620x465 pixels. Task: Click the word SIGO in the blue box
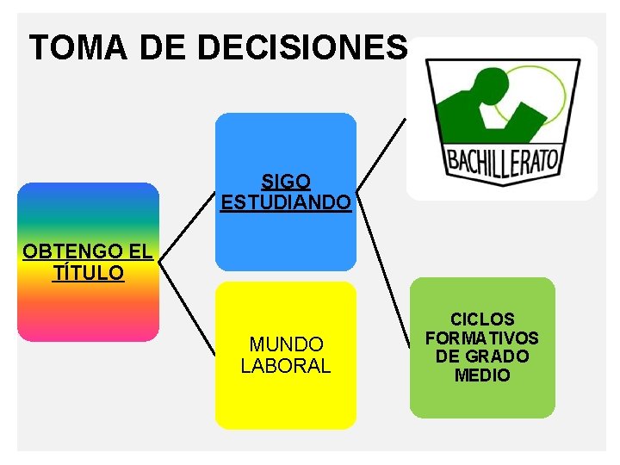point(286,182)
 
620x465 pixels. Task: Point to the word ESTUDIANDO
point(286,203)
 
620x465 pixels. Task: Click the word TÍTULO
point(88,273)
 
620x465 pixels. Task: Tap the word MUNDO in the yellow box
point(286,344)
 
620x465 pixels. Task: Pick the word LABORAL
point(286,366)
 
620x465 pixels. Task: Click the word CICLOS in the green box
point(482,319)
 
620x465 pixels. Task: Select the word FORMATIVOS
point(482,338)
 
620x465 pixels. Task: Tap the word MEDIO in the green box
point(482,375)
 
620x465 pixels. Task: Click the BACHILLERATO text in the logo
point(502,160)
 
